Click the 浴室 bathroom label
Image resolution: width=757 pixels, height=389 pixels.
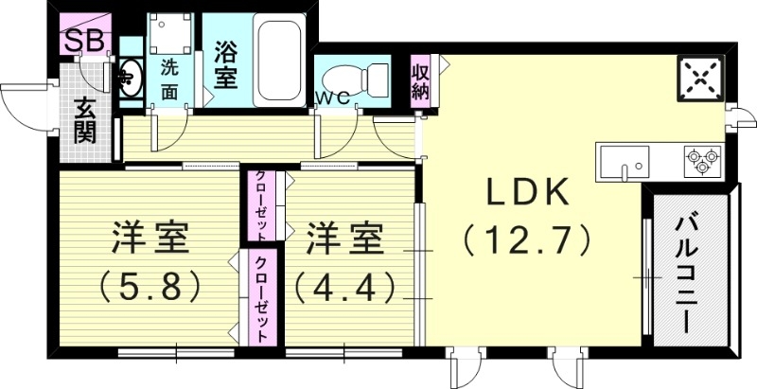click(x=225, y=64)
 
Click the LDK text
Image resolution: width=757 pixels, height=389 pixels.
click(x=527, y=193)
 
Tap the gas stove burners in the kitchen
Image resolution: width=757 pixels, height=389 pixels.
click(x=703, y=158)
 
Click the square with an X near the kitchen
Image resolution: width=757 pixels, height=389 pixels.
click(x=701, y=79)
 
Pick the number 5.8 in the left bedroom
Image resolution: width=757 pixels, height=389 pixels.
click(x=151, y=285)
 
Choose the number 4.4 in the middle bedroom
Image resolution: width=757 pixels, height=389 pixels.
click(x=342, y=285)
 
